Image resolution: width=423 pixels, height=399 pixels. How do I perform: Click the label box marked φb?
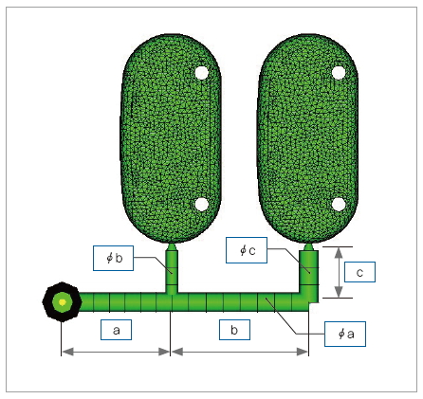(x=113, y=258)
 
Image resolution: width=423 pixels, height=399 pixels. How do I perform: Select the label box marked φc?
(x=247, y=250)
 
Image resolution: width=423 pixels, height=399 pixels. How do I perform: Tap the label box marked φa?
(x=345, y=334)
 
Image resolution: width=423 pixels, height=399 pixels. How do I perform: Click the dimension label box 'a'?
(x=116, y=330)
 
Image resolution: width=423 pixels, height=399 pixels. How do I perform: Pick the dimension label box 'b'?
(x=234, y=330)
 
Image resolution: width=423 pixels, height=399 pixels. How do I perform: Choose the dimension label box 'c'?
(x=359, y=272)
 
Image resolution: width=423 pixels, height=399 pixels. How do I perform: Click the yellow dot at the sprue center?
(x=63, y=302)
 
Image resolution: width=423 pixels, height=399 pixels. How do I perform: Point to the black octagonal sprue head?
(x=63, y=302)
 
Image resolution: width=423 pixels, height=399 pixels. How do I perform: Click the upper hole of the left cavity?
(x=202, y=73)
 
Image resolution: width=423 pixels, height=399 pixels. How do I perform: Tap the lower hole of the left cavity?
(x=202, y=205)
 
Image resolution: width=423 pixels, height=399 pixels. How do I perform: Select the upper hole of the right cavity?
(x=339, y=73)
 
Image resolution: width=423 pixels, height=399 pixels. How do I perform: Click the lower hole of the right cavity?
(x=339, y=205)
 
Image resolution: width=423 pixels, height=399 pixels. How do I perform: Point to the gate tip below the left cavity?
(x=172, y=246)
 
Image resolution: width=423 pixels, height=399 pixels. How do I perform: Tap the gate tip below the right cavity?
(x=309, y=246)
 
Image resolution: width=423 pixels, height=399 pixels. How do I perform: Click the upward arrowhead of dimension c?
(x=339, y=253)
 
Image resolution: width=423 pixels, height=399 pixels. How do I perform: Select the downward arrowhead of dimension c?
(x=339, y=292)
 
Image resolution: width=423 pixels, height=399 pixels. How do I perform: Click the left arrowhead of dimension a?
(x=67, y=352)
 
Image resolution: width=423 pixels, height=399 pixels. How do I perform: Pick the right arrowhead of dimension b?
(x=303, y=352)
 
